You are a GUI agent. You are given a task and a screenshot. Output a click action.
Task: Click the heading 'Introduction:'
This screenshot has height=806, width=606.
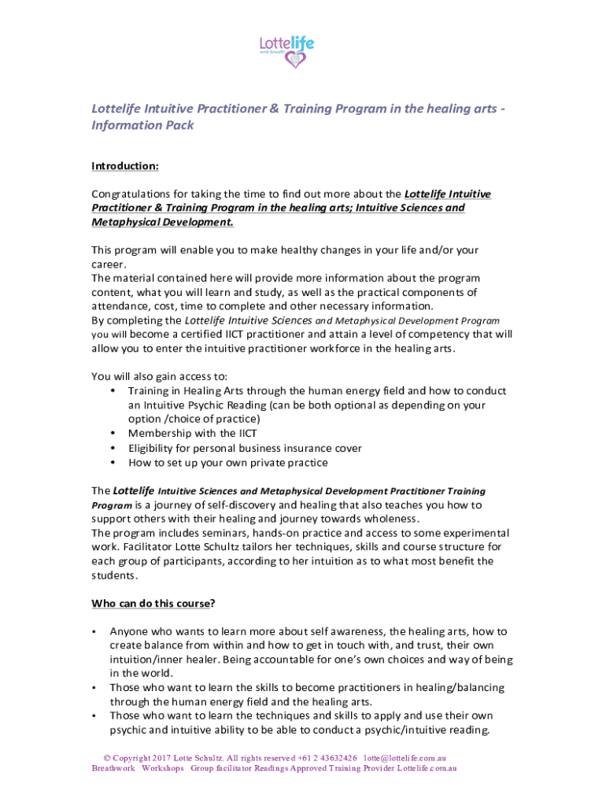pos(125,166)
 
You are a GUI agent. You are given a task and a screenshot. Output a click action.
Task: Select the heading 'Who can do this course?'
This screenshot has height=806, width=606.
pos(153,604)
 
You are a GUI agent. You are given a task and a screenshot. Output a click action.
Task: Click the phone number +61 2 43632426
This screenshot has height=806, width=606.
pos(323,758)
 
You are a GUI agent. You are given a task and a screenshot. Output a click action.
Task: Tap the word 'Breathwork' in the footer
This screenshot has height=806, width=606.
pos(113,768)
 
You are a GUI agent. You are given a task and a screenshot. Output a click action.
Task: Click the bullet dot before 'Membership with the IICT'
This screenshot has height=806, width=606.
pos(114,434)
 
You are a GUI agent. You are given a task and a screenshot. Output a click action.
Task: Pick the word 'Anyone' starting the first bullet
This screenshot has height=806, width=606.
pos(127,631)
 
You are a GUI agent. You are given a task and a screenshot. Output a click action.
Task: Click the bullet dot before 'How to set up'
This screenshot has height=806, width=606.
pos(114,463)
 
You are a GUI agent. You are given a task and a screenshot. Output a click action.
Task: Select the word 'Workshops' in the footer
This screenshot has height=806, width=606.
pos(163,768)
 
